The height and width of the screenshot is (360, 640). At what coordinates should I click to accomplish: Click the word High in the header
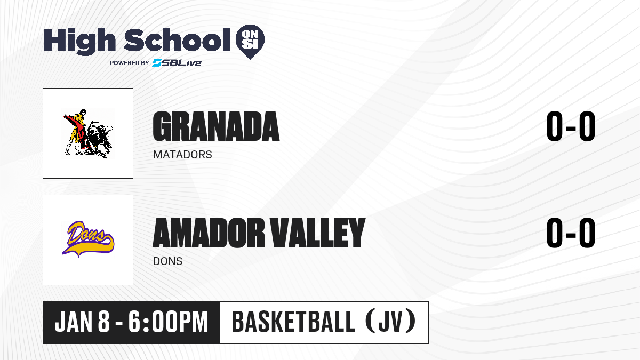(79, 41)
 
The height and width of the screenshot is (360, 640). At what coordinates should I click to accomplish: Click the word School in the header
(177, 40)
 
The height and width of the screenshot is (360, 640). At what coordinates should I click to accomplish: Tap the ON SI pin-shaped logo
(250, 42)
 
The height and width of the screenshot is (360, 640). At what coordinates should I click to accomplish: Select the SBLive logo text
(177, 62)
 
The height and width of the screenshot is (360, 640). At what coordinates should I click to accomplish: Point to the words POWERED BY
(130, 63)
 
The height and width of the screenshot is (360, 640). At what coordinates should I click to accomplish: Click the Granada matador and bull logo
(88, 133)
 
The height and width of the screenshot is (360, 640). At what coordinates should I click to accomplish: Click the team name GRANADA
(216, 126)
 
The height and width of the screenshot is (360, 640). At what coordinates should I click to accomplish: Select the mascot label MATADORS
(182, 155)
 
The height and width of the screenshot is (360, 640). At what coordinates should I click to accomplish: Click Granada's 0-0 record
(571, 126)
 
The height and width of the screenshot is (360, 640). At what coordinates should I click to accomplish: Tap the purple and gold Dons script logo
(88, 239)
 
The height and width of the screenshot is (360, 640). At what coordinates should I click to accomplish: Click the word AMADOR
(209, 233)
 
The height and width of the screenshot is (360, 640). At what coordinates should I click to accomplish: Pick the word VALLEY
(318, 233)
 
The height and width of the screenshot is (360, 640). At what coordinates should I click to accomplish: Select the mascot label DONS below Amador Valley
(167, 261)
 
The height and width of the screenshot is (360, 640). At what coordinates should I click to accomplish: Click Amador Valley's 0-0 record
(571, 233)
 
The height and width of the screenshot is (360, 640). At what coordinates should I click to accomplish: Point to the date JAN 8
(82, 322)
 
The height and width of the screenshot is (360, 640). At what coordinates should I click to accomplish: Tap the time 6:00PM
(169, 322)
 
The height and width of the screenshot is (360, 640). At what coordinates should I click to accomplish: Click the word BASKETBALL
(293, 322)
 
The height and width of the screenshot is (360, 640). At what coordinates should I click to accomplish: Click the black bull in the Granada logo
(99, 139)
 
